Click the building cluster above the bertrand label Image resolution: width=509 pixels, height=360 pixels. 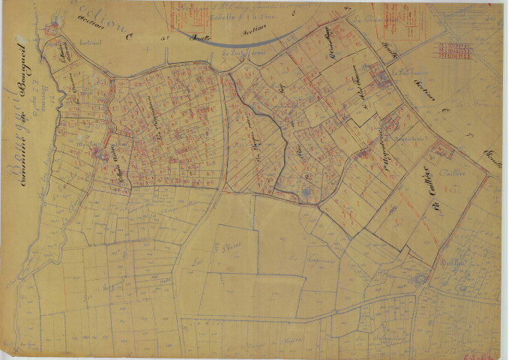pos(52,31)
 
